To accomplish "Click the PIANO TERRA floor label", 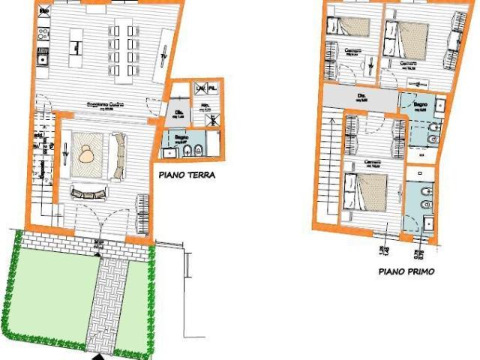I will pos(187,176).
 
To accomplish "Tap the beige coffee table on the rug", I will pos(88,153).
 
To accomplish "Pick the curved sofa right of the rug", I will pos(118,154).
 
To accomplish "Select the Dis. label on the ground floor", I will pos(179,113).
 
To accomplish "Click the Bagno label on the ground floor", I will pos(181,139).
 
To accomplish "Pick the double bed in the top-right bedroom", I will pos(409,37).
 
